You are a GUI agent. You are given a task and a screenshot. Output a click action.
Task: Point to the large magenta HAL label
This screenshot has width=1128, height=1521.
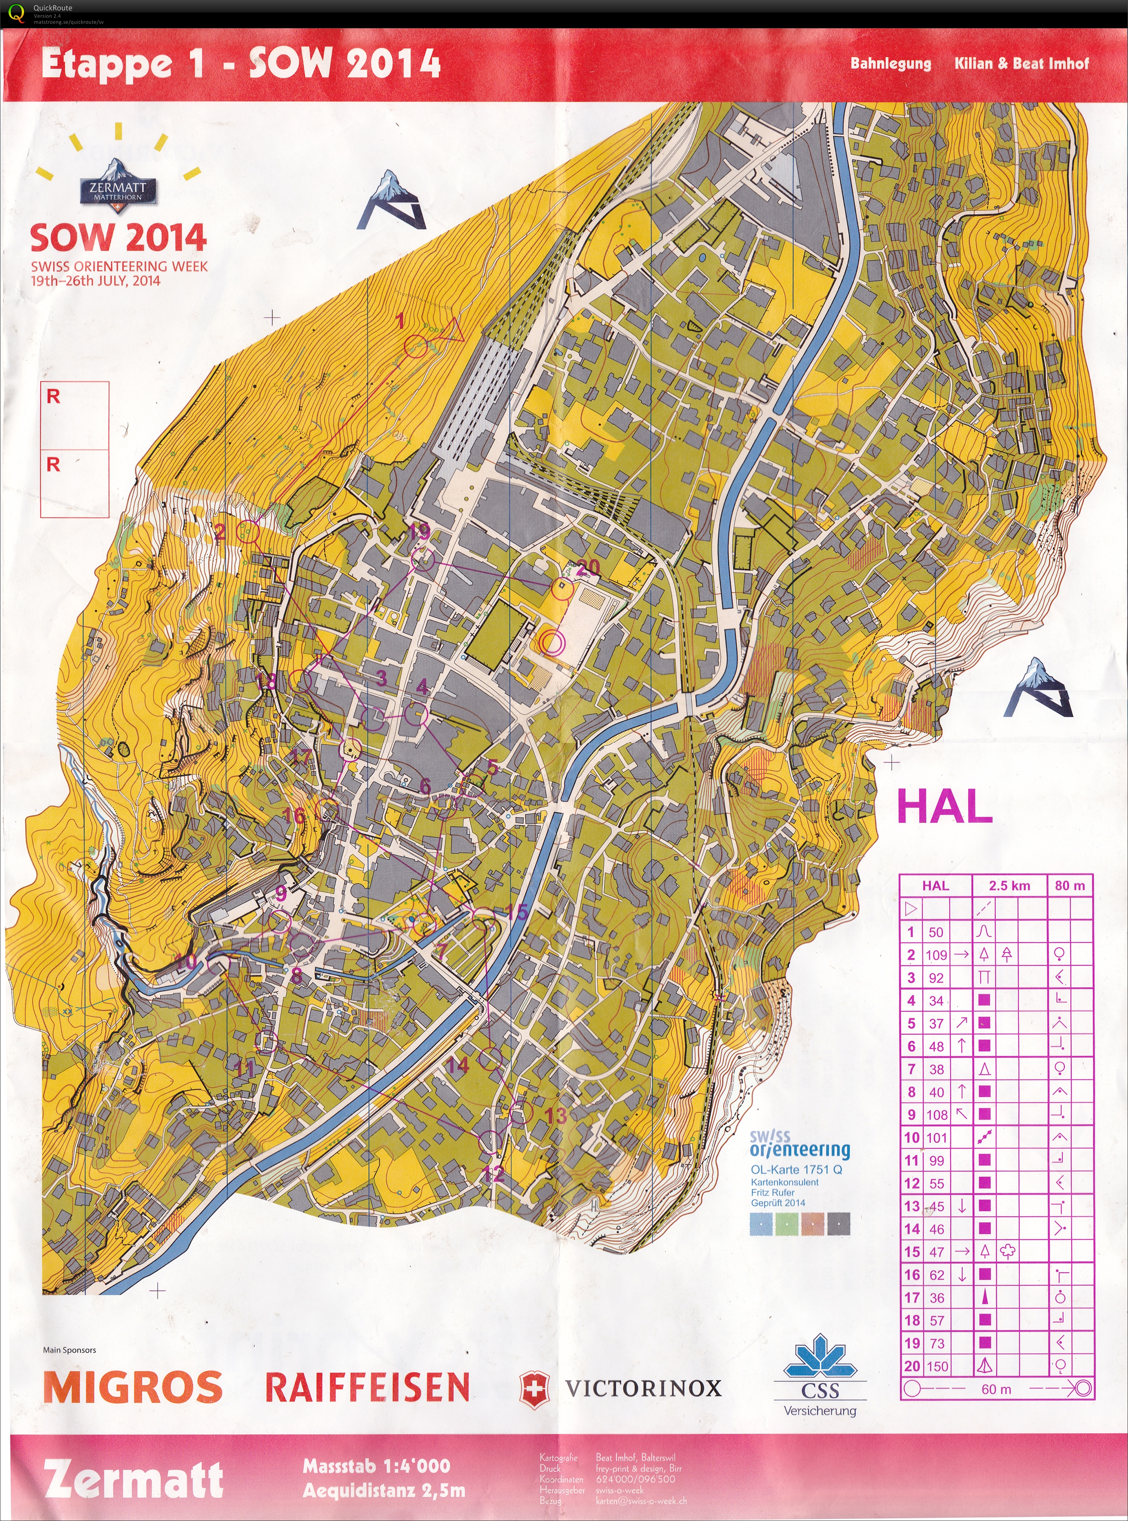point(944,807)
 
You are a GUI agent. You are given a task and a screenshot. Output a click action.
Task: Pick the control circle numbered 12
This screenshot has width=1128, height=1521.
point(490,1140)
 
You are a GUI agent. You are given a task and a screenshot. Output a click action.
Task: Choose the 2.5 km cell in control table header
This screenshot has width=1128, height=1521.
point(1009,886)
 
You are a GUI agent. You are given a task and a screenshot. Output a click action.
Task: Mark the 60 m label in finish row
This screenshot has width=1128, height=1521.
point(996,1389)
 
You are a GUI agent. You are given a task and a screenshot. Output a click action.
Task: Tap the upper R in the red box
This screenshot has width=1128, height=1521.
point(53,397)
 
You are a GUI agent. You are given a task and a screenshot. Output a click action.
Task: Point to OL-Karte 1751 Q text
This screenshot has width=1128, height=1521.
point(796,1170)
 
